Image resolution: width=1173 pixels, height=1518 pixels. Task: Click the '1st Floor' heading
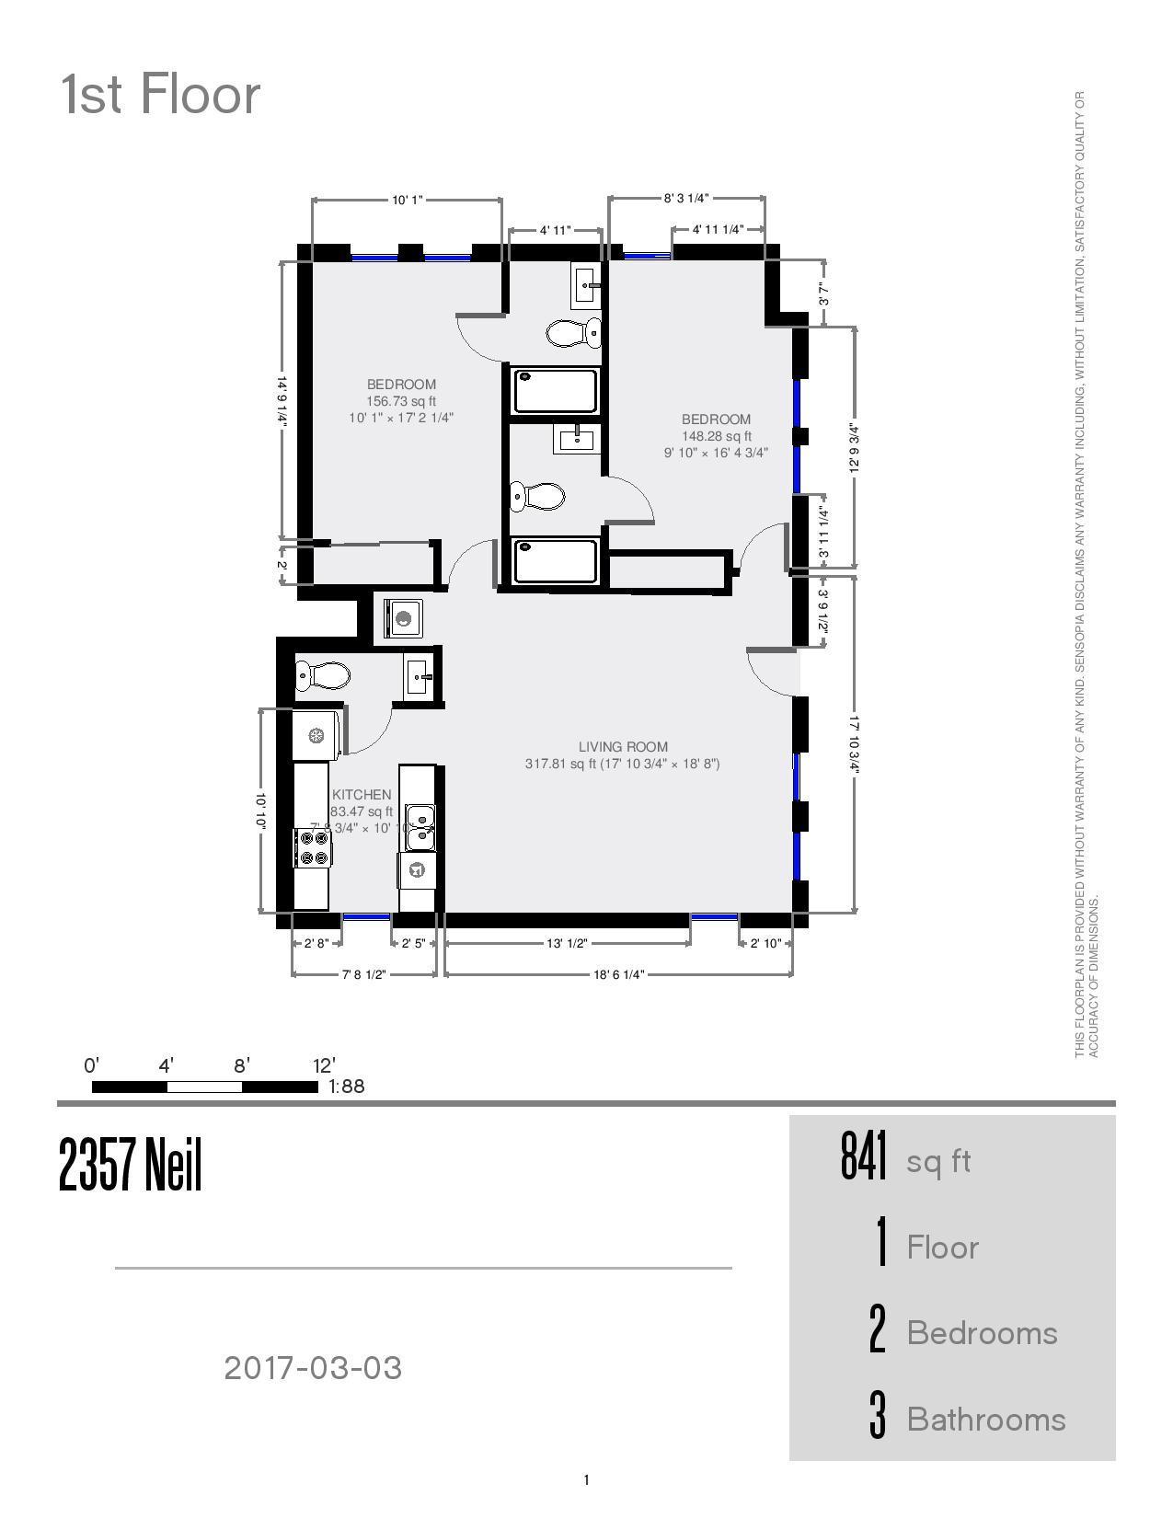(x=161, y=95)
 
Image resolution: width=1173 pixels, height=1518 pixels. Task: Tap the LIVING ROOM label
(x=623, y=747)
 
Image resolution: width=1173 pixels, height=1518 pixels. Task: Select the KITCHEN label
(x=362, y=795)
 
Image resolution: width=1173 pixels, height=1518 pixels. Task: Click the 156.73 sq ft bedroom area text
(x=401, y=401)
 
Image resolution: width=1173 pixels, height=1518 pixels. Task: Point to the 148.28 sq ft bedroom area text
(x=716, y=436)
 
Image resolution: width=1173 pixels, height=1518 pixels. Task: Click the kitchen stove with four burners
(x=313, y=847)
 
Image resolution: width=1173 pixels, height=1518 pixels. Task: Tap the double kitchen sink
(x=420, y=826)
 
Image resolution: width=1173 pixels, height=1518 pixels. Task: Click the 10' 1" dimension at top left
(x=407, y=200)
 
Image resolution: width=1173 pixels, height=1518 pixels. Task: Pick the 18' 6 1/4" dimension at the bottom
(x=618, y=973)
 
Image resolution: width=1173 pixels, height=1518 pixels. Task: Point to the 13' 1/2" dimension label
(x=567, y=943)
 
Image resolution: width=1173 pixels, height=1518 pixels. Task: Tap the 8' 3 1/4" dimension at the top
(x=686, y=198)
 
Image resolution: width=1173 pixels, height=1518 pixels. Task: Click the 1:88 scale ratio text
(x=347, y=1087)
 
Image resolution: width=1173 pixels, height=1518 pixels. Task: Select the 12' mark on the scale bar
(x=324, y=1066)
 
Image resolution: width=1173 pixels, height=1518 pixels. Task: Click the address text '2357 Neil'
(x=131, y=1165)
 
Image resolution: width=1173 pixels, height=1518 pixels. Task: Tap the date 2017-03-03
(x=313, y=1368)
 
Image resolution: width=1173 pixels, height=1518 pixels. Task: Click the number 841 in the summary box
(x=864, y=1156)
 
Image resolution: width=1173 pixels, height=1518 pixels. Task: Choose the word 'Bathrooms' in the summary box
(x=985, y=1420)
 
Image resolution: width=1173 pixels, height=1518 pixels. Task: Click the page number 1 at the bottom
(x=586, y=1480)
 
